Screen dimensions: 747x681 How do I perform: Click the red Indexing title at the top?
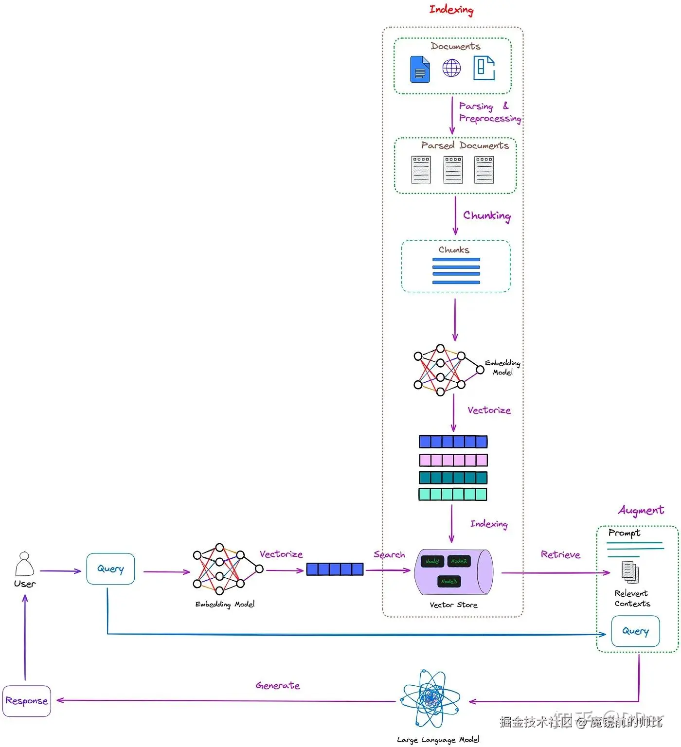pos(451,10)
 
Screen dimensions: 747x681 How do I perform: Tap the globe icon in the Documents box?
pos(451,68)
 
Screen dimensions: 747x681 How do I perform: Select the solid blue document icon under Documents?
pos(420,69)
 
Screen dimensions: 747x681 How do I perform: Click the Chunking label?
pos(486,215)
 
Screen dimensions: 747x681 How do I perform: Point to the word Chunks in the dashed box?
pos(454,250)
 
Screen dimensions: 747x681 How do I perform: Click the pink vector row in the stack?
pos(453,460)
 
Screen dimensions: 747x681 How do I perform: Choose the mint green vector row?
pos(453,495)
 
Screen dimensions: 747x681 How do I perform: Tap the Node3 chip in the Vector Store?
pos(448,581)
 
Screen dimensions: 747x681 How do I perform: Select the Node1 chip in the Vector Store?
pos(432,561)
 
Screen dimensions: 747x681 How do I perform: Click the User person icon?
pos(24,564)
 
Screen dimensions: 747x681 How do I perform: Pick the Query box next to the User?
pos(110,569)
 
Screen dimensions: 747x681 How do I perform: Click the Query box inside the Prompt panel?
pos(635,631)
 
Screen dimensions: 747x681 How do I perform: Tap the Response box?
pos(27,701)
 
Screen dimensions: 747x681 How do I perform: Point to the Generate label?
pos(278,686)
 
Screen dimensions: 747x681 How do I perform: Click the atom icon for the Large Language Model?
pos(430,699)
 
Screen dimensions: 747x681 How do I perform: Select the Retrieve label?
pos(560,555)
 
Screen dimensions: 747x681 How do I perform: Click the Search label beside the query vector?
pos(389,554)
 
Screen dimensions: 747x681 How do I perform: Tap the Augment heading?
pos(641,510)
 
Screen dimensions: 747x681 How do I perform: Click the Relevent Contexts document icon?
pos(630,572)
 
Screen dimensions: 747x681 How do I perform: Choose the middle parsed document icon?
pos(453,170)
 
